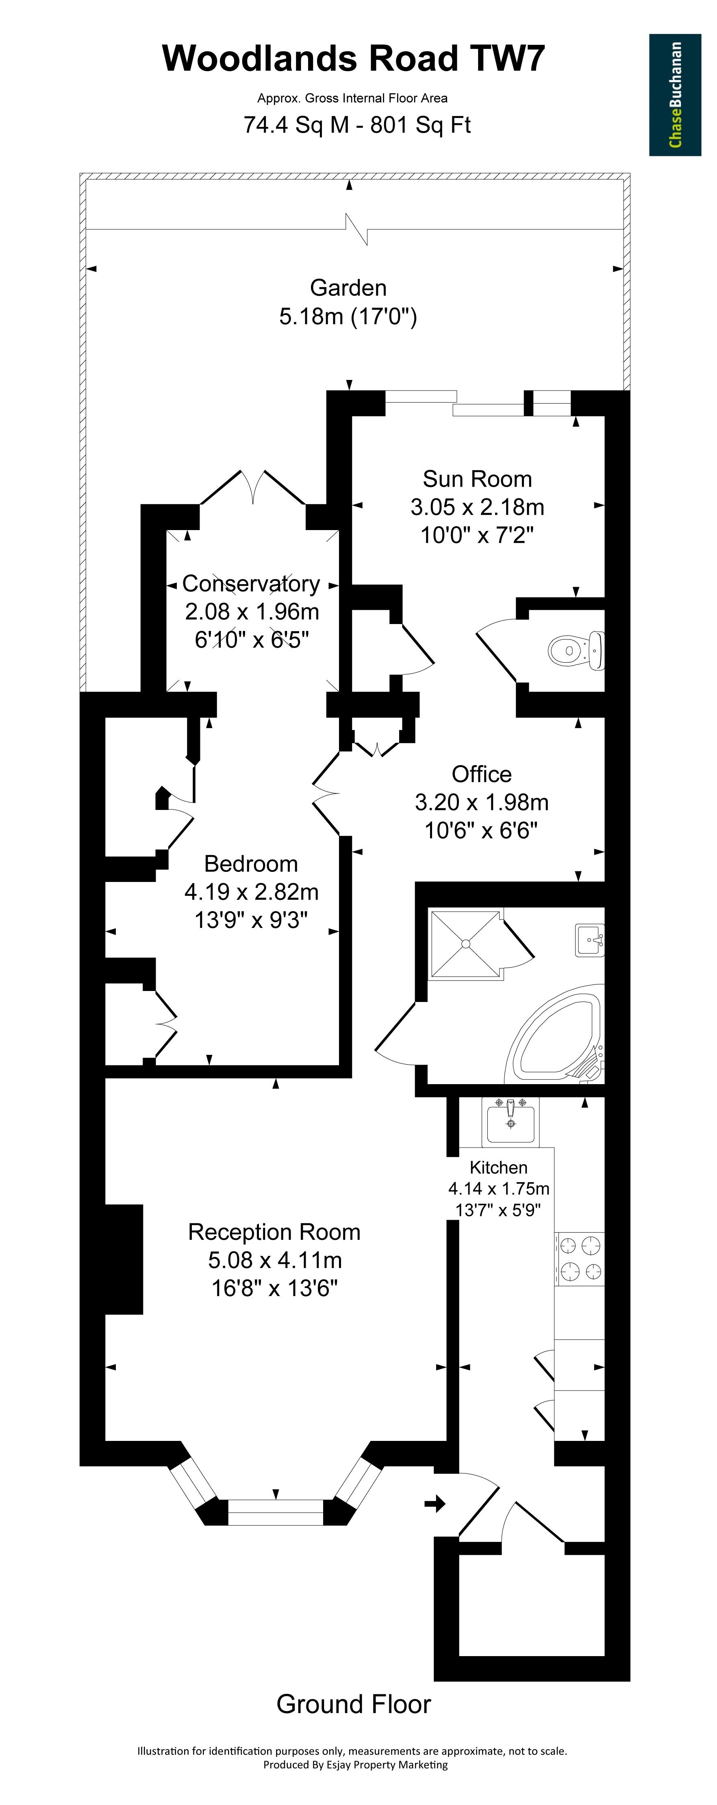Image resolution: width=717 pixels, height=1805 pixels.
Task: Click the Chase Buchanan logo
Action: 675,95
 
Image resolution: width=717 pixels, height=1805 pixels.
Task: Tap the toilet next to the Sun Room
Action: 576,650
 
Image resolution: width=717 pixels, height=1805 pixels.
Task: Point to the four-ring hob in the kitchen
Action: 580,1258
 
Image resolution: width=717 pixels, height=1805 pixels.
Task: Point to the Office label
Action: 482,774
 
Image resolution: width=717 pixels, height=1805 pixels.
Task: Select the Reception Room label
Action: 274,1232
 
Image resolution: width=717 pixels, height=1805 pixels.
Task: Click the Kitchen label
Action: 499,1168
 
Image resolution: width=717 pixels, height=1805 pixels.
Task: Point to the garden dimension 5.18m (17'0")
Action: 348,317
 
